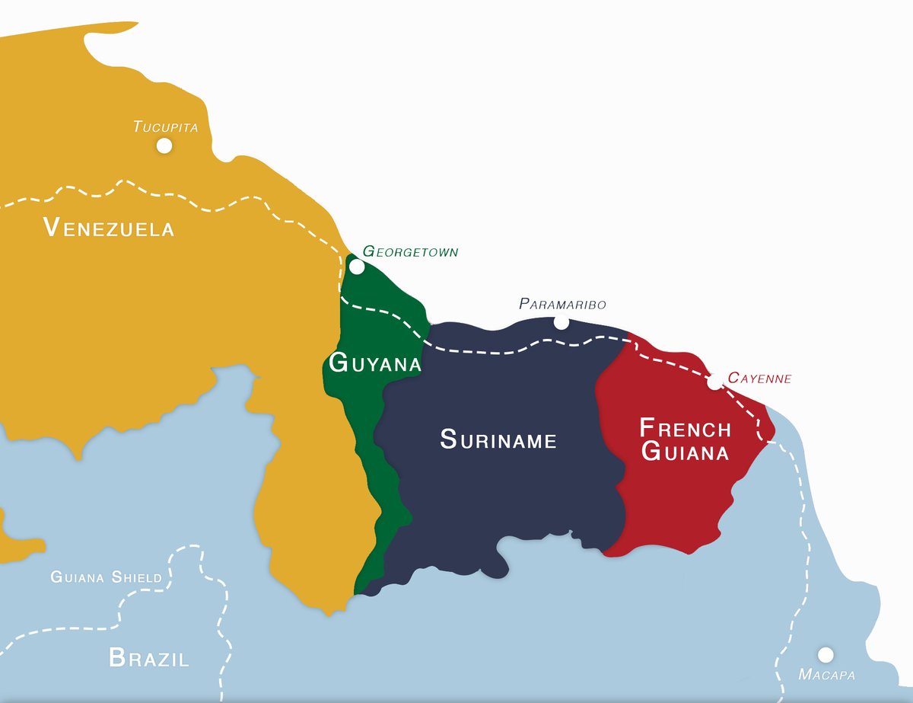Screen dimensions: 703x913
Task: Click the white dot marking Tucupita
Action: pos(164,145)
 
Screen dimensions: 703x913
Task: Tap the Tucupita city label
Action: pos(165,126)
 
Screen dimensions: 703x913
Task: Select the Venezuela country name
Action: pos(109,227)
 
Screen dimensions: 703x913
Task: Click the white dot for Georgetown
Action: pos(356,267)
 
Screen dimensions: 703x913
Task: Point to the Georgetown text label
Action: pos(410,251)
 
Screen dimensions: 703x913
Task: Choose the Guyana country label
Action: pos(374,363)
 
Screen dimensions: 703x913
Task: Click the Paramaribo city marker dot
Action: pos(561,322)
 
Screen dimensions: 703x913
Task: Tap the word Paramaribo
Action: pos(562,304)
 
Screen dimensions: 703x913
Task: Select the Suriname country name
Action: pos(498,439)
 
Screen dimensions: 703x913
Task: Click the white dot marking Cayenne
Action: pos(714,382)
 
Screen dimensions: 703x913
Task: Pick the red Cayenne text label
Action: pos(759,378)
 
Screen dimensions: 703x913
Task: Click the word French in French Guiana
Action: pos(685,428)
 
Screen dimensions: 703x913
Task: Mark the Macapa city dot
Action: pos(825,655)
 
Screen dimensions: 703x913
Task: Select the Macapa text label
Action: pos(826,675)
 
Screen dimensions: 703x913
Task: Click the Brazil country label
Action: pos(148,657)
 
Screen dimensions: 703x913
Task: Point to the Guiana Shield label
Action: pos(106,577)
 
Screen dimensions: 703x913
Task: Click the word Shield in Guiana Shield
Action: pos(137,577)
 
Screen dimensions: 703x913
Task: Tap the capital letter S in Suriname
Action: pos(448,439)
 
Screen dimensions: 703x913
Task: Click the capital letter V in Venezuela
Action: pos(52,226)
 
